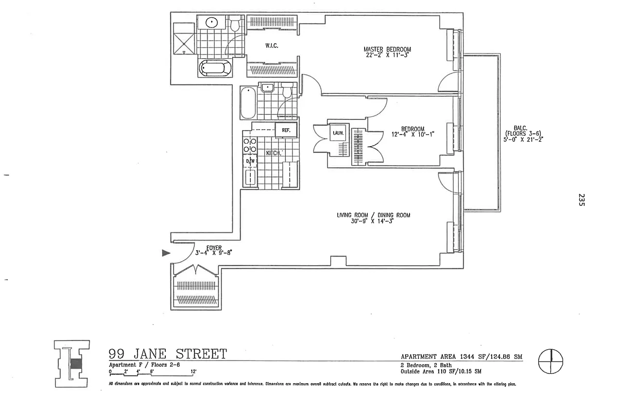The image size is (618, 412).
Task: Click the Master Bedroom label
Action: pos(387,49)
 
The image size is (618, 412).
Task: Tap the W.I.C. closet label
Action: pos(272,46)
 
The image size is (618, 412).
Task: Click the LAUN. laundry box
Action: pos(337,133)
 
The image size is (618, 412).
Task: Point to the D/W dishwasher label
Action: pos(250,161)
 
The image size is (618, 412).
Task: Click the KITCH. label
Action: pos(273,153)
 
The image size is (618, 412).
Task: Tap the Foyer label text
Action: pos(214,248)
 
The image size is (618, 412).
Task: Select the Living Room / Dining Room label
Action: pos(373,215)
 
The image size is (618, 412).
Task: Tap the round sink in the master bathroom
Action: pos(212,23)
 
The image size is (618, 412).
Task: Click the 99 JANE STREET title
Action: pos(167,354)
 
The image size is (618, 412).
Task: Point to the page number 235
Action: pos(581,200)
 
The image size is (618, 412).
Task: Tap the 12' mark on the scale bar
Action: pos(194,371)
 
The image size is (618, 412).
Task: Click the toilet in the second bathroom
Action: pos(287,91)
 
